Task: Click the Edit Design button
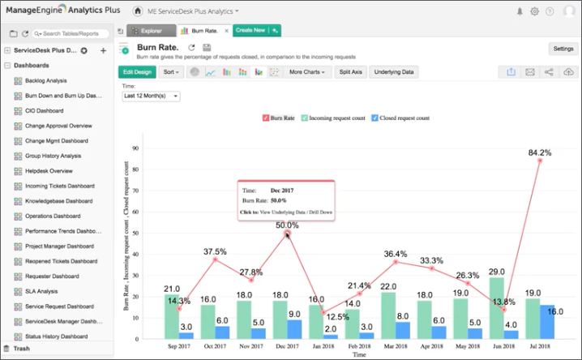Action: click(137, 72)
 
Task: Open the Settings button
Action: click(563, 49)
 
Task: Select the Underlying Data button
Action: click(394, 72)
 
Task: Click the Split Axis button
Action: click(351, 72)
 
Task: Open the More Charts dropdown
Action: click(309, 72)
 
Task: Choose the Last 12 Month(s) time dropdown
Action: click(151, 96)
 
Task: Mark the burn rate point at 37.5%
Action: click(216, 259)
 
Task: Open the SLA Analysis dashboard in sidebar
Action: click(41, 291)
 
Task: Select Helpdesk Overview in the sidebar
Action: click(49, 171)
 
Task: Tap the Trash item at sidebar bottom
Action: click(22, 349)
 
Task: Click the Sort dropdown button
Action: click(171, 72)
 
